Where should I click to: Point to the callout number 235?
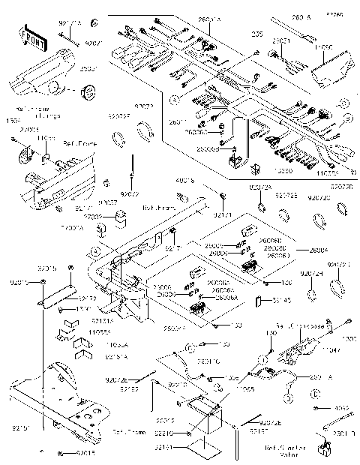[257, 34]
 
